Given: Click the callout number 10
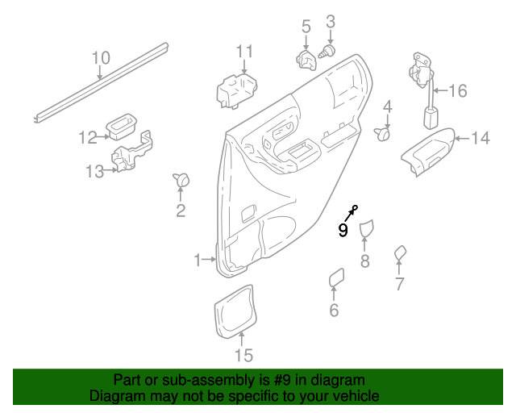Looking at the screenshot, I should click(100, 57).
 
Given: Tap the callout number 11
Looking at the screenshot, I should click(244, 52).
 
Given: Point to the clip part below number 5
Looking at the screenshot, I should click(306, 60).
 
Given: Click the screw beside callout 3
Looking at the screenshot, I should click(327, 52).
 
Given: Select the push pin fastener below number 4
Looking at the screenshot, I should click(384, 134).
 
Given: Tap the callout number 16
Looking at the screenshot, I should click(457, 91).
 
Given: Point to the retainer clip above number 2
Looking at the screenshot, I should click(181, 180).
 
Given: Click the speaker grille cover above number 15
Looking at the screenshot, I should click(235, 311).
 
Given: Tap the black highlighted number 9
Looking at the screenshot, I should click(343, 231).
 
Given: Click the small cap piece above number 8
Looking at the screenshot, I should click(366, 229).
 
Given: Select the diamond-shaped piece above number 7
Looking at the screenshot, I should click(399, 255).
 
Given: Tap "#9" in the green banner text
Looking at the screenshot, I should click(285, 380).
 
